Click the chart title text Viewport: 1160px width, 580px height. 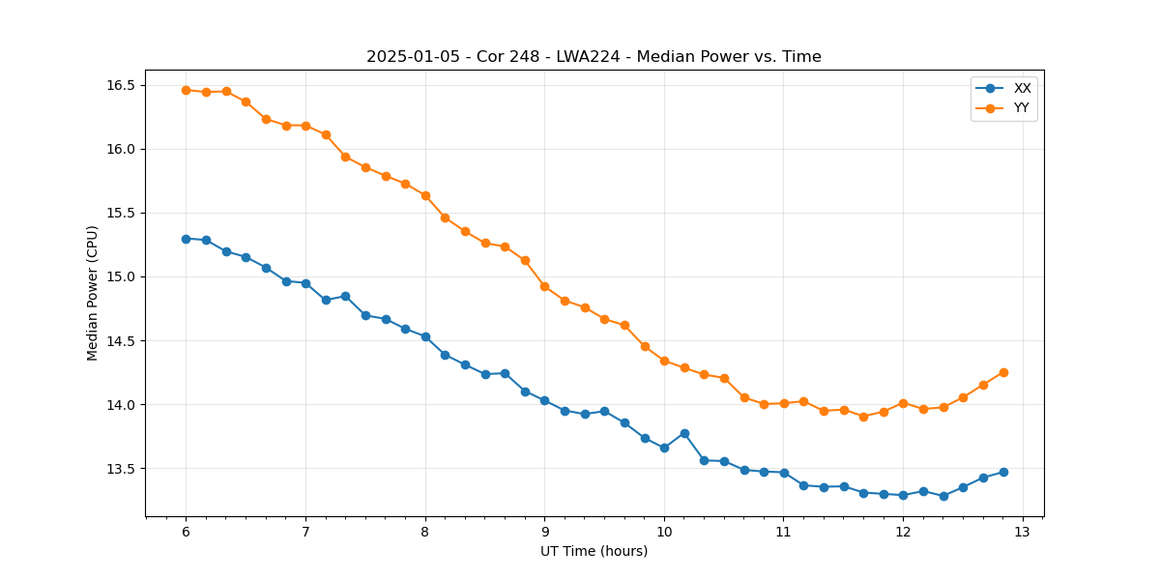point(594,57)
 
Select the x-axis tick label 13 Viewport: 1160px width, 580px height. point(1023,533)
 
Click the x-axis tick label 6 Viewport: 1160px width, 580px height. point(186,533)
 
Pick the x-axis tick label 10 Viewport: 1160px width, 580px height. point(664,533)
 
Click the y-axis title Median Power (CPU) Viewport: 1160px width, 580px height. point(93,293)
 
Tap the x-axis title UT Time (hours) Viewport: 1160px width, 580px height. point(594,552)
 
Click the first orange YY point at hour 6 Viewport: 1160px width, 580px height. point(186,90)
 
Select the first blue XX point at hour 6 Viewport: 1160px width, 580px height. point(186,239)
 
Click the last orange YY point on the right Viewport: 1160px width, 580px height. point(1003,372)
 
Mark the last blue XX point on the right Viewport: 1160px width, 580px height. point(1003,472)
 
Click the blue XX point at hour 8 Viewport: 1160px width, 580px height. point(425,336)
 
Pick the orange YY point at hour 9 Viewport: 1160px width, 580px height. point(544,286)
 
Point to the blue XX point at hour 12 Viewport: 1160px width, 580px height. point(903,495)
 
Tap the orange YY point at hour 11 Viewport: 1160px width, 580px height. point(784,403)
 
